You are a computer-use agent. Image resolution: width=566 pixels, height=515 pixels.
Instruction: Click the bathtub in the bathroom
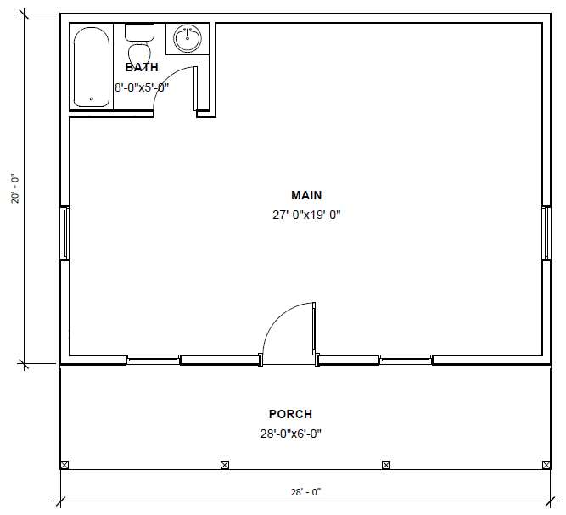(x=92, y=67)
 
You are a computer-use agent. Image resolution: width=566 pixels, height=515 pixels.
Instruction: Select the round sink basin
(x=188, y=38)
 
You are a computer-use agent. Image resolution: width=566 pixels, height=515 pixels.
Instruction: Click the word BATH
(x=142, y=67)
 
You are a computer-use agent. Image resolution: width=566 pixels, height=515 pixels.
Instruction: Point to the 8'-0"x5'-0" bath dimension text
(x=142, y=87)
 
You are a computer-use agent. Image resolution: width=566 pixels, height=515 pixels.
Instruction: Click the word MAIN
(x=306, y=195)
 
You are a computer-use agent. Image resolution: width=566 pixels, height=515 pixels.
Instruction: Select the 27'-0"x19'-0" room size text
(x=306, y=216)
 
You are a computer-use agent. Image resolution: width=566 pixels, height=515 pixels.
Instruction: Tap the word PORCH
(x=290, y=414)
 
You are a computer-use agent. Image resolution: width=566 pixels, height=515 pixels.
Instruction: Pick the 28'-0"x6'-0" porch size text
(x=290, y=434)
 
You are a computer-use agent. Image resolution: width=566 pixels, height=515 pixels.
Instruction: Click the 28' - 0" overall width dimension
(x=305, y=492)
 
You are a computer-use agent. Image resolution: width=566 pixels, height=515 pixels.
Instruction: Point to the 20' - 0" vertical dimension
(x=15, y=189)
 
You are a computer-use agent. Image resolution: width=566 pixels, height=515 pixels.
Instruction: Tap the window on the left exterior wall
(x=65, y=232)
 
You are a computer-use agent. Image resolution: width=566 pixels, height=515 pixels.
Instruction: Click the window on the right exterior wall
(x=546, y=232)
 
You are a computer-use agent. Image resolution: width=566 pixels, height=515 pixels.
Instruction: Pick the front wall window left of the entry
(x=154, y=360)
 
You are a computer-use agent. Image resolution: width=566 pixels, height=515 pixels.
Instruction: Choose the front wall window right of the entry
(x=406, y=360)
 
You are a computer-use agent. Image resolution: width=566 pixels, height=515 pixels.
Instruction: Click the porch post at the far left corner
(x=64, y=465)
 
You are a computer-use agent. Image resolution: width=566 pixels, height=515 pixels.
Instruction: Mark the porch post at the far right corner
(x=546, y=465)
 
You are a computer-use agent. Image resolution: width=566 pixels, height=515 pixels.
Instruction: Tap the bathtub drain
(x=92, y=98)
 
